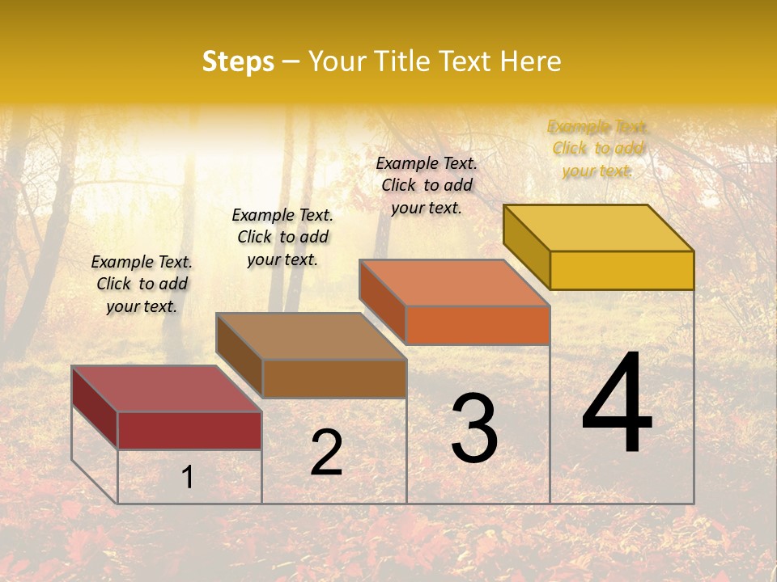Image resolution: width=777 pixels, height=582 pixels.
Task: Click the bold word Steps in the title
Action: (238, 61)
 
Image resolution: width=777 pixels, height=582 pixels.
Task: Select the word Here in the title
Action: (530, 61)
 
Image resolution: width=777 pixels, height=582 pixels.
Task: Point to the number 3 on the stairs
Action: (474, 428)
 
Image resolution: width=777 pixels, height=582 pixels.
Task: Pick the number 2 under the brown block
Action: (326, 453)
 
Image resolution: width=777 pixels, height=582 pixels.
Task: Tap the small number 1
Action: (188, 478)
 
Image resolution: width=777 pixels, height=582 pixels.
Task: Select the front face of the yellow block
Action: (622, 270)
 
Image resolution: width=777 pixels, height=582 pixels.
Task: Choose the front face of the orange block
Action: (478, 325)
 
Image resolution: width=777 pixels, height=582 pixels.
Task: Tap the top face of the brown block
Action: (311, 336)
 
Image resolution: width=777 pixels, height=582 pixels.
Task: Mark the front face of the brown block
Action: (334, 378)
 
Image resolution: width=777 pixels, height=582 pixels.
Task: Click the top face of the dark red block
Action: (166, 389)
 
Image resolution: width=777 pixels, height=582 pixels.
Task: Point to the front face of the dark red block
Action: (189, 430)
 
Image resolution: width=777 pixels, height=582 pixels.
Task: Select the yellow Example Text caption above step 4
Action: (597, 149)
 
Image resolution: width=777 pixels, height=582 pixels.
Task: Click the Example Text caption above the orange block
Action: (427, 185)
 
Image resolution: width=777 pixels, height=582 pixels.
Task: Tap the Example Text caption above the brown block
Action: (282, 237)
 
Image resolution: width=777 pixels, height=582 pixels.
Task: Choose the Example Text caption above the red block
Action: (142, 284)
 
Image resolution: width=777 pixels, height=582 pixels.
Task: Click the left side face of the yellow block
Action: (526, 247)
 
